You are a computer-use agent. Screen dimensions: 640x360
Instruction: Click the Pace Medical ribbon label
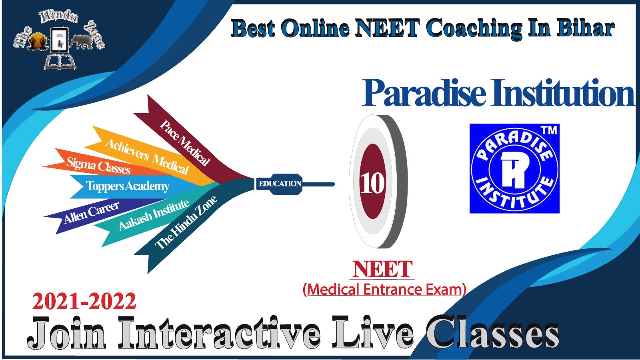[184, 142]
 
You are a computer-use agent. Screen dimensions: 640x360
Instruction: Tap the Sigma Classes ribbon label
[98, 166]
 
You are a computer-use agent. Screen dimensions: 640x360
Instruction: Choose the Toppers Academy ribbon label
[128, 186]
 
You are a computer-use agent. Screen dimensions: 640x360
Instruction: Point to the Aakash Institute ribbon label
[154, 214]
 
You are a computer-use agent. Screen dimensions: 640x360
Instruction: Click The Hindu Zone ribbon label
[186, 222]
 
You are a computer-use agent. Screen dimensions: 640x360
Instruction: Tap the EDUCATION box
[280, 184]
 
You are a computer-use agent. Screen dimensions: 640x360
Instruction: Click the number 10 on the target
[372, 183]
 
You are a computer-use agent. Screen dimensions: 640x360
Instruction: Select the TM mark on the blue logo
[549, 130]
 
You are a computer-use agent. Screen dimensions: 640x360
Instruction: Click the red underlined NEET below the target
[382, 269]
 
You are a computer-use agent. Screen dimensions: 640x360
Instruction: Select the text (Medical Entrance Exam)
[384, 290]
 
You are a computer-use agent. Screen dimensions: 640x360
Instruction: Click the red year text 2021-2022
[84, 302]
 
